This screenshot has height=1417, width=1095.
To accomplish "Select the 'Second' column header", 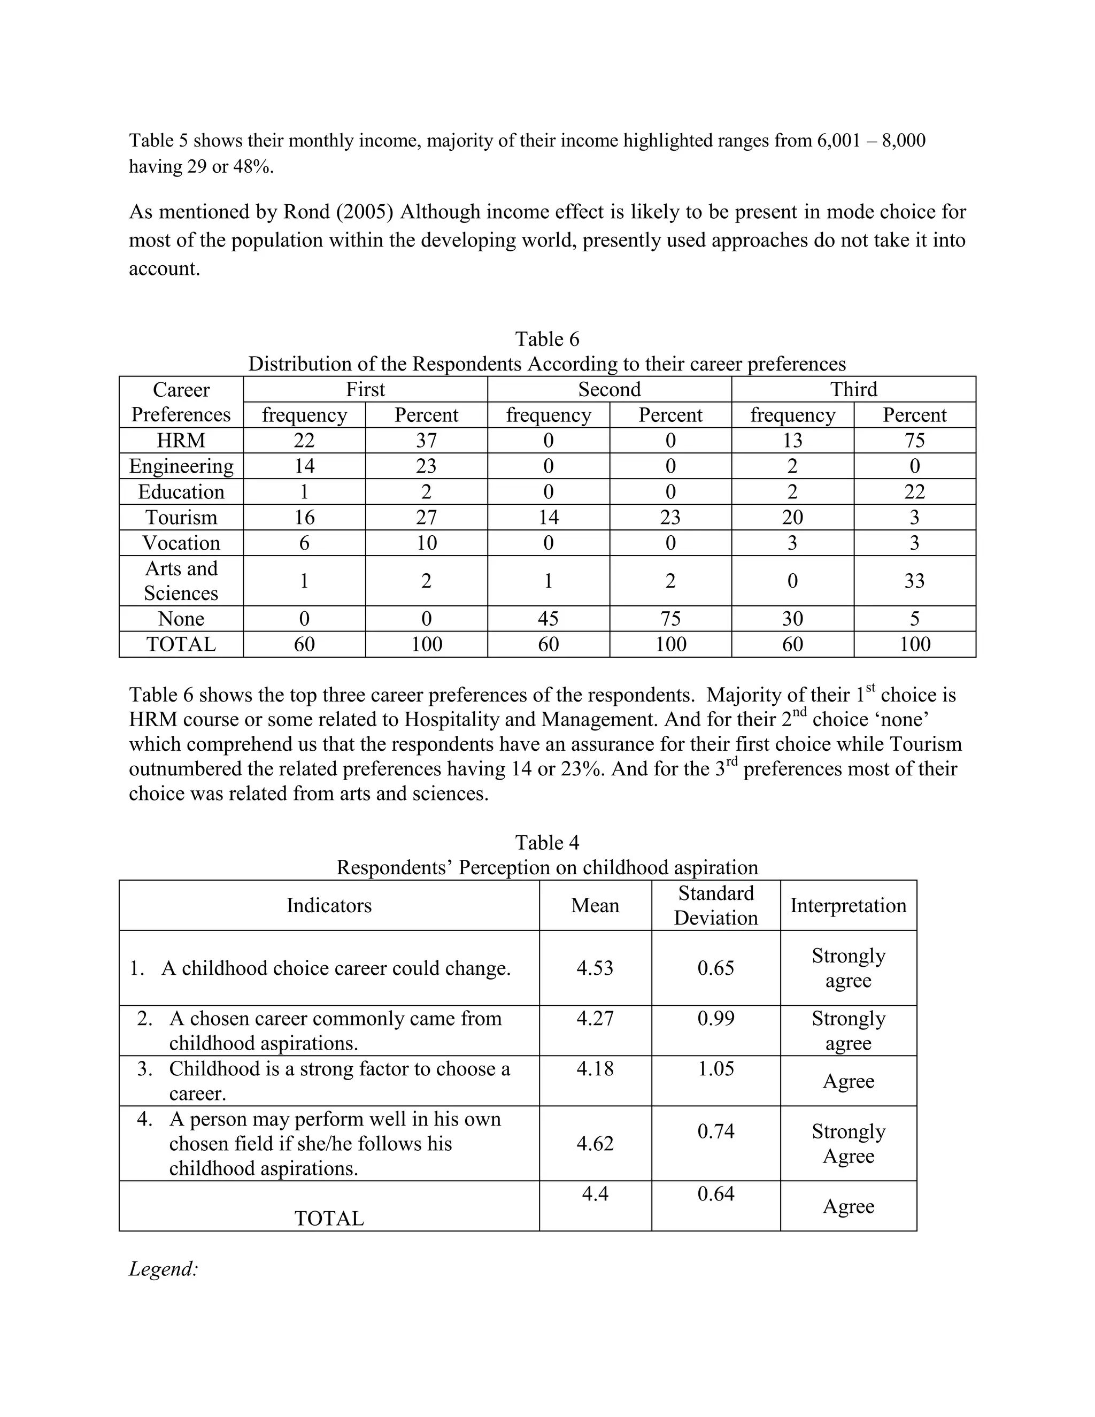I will click(609, 389).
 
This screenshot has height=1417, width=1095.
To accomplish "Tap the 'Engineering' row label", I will click(181, 466).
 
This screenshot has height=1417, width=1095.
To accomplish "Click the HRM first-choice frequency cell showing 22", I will click(304, 441).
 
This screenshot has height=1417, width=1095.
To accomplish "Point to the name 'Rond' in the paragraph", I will click(305, 212).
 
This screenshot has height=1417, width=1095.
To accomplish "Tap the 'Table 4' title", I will click(547, 843).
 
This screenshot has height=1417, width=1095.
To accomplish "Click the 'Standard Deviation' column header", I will click(715, 906).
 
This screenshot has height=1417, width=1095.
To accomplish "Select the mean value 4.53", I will click(595, 968).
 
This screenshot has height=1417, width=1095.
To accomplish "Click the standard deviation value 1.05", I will click(715, 1068).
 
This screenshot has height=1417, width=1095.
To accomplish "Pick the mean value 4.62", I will click(595, 1144).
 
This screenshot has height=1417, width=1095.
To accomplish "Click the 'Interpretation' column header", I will click(848, 906).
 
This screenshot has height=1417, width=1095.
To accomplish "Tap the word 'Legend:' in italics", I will click(164, 1269).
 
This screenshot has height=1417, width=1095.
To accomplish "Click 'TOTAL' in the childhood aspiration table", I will click(329, 1219).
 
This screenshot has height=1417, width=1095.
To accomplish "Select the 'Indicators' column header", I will click(329, 906).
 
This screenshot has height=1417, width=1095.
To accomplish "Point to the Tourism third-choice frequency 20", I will click(792, 517).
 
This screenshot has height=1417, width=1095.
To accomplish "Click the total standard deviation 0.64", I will click(715, 1194).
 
